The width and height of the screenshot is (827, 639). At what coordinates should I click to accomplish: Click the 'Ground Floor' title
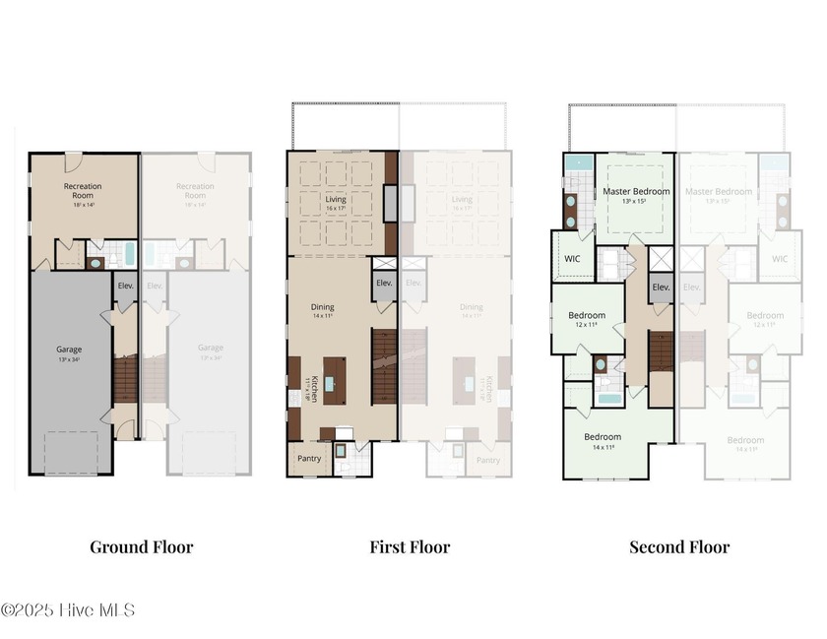point(142,546)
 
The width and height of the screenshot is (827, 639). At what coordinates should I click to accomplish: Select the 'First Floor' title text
point(410,546)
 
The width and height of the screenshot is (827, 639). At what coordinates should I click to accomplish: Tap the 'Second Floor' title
point(679,546)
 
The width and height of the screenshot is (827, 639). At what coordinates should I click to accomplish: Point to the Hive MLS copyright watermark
point(68,610)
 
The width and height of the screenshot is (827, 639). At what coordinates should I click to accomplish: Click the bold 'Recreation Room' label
point(83,191)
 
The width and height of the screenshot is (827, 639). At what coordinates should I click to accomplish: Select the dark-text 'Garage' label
point(68,349)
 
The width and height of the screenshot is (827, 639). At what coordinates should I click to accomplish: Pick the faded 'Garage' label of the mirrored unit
point(210,348)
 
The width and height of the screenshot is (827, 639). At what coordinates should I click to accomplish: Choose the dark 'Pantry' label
point(307,459)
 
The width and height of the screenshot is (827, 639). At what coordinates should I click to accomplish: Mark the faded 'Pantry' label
point(488,460)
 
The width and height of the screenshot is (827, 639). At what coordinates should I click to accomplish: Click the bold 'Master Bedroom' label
point(636,191)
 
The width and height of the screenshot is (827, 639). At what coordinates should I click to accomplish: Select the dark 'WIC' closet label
point(573,259)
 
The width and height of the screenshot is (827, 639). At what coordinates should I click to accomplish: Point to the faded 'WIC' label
point(780,259)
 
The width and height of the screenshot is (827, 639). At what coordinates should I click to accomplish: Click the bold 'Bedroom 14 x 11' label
point(603,437)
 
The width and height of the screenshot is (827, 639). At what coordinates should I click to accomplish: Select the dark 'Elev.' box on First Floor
point(385,285)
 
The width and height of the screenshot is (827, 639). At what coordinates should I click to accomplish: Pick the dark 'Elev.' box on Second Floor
point(661,287)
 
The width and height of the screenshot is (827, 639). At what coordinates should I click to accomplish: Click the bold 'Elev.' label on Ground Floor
point(125,286)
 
